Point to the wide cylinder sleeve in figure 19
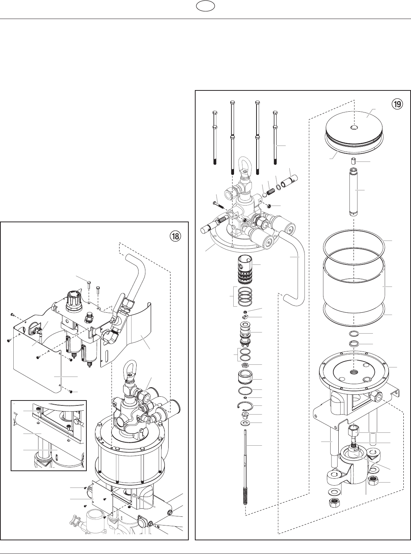tap(354, 285)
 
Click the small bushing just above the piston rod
tap(354, 161)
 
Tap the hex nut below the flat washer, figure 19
tap(334, 503)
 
